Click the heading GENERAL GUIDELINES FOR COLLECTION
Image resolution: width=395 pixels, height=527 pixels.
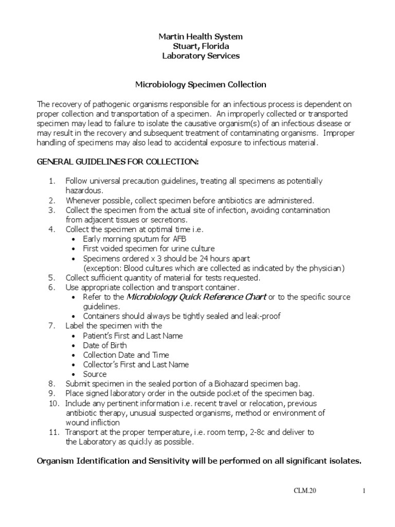tap(117, 162)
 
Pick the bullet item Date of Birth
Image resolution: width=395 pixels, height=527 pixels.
tap(104, 345)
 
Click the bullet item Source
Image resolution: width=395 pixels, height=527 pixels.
tap(95, 374)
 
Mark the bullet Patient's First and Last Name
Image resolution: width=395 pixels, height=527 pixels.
tap(133, 336)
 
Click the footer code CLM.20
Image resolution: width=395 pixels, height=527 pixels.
tap(306, 491)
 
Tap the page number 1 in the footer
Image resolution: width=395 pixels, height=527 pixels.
tap(363, 491)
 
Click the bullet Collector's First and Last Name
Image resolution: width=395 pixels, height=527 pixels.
tap(136, 364)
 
